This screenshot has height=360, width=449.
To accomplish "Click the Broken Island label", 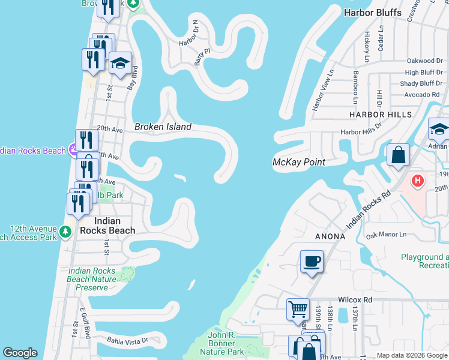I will pyautogui.click(x=163, y=127).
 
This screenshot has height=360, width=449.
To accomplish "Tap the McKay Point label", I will pyautogui.click(x=299, y=162).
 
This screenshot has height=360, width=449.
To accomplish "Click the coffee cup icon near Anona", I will pyautogui.click(x=312, y=262).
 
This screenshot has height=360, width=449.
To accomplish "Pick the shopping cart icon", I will pyautogui.click(x=298, y=310).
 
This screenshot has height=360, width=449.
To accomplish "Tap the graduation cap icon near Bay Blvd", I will pyautogui.click(x=121, y=64).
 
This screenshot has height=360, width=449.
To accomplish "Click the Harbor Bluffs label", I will pyautogui.click(x=367, y=13).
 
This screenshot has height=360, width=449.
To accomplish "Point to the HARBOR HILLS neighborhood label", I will pyautogui.click(x=382, y=114).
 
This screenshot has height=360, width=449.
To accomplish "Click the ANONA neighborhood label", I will pyautogui.click(x=330, y=236).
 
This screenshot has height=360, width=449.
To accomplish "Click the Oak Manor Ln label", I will pyautogui.click(x=386, y=235).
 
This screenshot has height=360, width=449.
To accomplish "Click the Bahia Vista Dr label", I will pyautogui.click(x=127, y=340).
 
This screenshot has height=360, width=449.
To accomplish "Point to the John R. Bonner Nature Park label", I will pyautogui.click(x=221, y=343).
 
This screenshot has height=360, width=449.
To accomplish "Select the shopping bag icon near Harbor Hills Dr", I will pyautogui.click(x=398, y=155).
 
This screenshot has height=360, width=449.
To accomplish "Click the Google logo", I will pyautogui.click(x=20, y=353).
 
